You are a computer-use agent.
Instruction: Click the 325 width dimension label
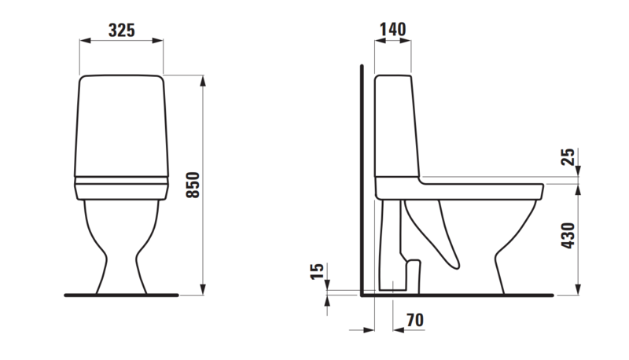click(x=122, y=31)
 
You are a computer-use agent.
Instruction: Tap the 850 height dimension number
click(x=193, y=185)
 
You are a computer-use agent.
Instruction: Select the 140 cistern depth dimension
click(x=392, y=29)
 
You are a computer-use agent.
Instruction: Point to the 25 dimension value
click(x=568, y=156)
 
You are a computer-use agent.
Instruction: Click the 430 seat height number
click(x=568, y=236)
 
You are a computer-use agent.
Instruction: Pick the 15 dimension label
click(x=317, y=271)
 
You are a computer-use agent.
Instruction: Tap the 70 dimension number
click(x=415, y=320)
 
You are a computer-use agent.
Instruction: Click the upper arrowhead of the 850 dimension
click(x=203, y=81)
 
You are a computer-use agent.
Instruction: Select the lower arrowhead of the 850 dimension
click(x=203, y=289)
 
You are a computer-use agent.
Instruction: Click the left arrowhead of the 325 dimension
click(x=85, y=40)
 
